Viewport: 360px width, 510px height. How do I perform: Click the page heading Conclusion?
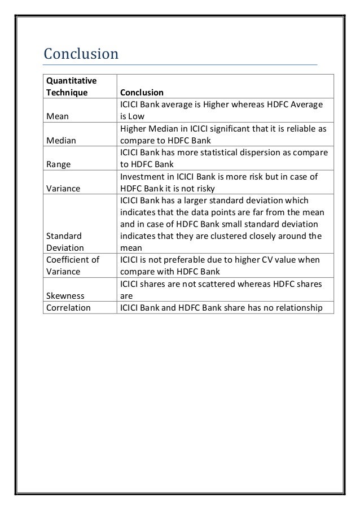[81, 54]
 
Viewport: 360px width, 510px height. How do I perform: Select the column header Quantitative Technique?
[67, 87]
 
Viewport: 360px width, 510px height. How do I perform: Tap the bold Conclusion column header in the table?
[141, 93]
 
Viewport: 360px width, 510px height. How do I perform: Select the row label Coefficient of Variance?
[72, 265]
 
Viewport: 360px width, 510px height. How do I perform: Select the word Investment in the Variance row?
[141, 177]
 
